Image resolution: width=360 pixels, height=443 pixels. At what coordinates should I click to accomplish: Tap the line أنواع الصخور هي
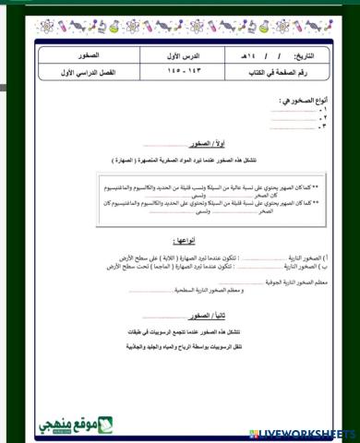pyautogui.click(x=296, y=99)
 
